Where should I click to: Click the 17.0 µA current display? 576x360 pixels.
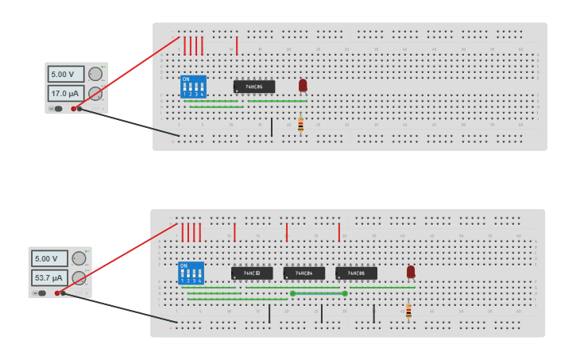tap(65, 93)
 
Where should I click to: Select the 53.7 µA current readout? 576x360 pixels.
tap(48, 278)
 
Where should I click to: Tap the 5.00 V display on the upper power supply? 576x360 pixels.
tap(65, 74)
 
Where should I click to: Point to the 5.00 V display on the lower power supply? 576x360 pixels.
tap(48, 258)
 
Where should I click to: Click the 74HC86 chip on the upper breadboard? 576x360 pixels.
tap(254, 87)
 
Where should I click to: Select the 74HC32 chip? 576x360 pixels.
tap(252, 273)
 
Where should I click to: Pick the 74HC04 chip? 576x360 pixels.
tap(304, 273)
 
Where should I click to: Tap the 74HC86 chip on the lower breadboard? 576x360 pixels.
tap(356, 273)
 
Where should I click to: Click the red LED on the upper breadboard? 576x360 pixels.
tap(303, 85)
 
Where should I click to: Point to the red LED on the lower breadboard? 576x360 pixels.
tap(411, 272)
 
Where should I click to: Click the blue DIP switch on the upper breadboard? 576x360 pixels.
tap(193, 87)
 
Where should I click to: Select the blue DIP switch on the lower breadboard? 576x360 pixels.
tap(191, 273)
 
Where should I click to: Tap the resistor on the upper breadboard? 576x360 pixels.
tap(300, 125)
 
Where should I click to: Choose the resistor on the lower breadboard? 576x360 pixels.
tap(408, 311)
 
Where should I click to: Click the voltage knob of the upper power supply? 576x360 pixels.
tap(95, 74)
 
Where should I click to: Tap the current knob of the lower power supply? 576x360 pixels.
tap(79, 278)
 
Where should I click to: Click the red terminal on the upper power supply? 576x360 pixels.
tap(73, 109)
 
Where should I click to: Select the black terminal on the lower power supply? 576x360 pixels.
tap(63, 293)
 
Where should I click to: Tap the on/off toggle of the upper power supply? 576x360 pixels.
tap(57, 109)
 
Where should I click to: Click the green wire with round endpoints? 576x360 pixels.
tap(319, 293)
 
